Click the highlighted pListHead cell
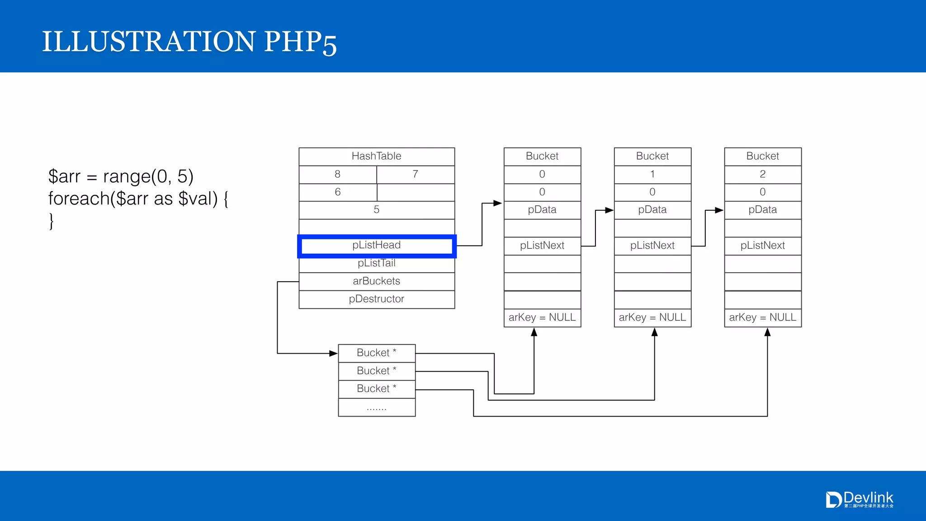pos(377,246)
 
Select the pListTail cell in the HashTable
pos(377,264)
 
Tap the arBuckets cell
pos(377,281)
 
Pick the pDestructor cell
pos(377,299)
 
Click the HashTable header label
pos(377,156)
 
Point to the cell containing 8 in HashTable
pos(338,175)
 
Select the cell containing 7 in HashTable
pos(416,175)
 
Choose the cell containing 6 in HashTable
pos(338,192)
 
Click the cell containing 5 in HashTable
pos(377,210)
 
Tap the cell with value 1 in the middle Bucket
pos(652,175)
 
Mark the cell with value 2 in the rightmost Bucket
pos(763,175)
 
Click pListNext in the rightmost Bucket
pos(763,246)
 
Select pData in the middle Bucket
pos(652,210)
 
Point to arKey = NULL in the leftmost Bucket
pos(542,317)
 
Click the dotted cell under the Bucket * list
pos(377,407)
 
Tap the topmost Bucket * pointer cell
pos(377,353)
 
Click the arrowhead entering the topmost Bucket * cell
pos(334,353)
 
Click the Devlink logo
pos(860,500)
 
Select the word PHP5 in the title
pos(300,42)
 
